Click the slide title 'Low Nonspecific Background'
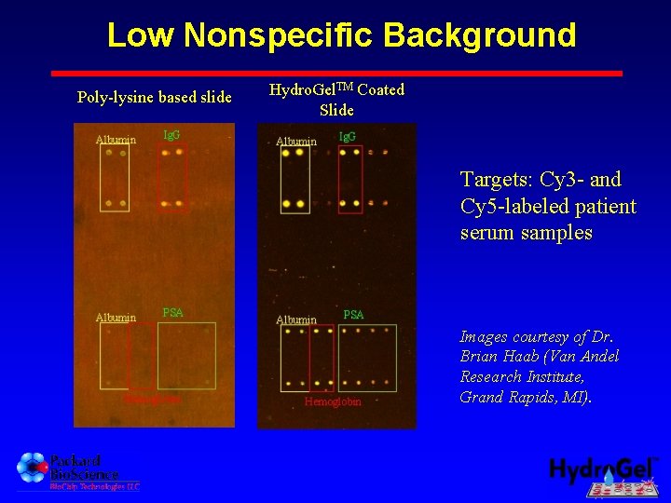tap(341, 35)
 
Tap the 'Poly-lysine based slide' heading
tap(154, 97)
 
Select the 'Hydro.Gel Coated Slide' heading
tap(336, 100)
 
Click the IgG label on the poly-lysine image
tap(171, 135)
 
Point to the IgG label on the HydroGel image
tap(347, 138)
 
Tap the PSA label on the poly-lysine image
tap(172, 312)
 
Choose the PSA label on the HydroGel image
tap(353, 315)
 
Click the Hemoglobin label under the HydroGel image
tap(333, 402)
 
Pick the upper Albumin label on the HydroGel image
tap(295, 142)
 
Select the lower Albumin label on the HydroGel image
tap(296, 319)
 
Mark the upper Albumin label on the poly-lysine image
tap(116, 141)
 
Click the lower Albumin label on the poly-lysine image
tap(116, 318)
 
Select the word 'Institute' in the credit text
tap(555, 377)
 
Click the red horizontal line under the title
tap(335, 73)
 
